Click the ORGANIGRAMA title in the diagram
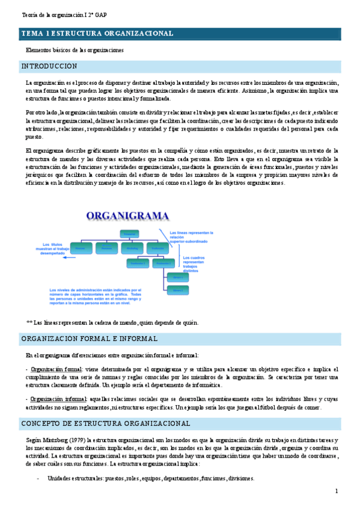coord(127,216)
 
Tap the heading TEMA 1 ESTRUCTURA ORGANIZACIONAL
coord(98,34)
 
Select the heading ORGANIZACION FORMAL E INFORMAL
coord(90,339)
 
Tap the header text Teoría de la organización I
coord(59,14)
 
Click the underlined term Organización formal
coord(56,369)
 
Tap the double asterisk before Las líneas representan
coord(29,322)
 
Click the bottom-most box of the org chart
coord(177,290)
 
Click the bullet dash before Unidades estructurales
coord(38,479)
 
